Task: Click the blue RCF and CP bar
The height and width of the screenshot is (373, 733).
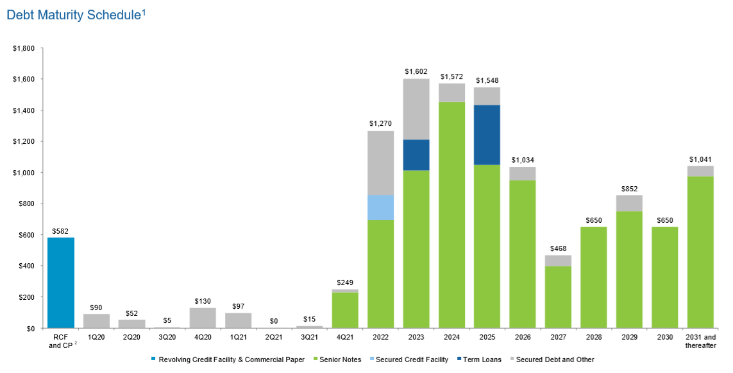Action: pyautogui.click(x=61, y=282)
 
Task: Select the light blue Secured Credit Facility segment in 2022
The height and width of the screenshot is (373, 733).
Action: pyautogui.click(x=380, y=207)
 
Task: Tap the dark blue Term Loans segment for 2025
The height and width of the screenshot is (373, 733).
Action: pyautogui.click(x=487, y=135)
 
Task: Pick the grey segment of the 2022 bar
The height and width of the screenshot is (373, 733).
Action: pyautogui.click(x=380, y=163)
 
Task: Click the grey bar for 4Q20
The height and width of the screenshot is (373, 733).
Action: pyautogui.click(x=203, y=318)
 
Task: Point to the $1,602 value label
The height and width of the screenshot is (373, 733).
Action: pyautogui.click(x=416, y=71)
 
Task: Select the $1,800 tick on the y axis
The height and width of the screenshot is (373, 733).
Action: pyautogui.click(x=25, y=48)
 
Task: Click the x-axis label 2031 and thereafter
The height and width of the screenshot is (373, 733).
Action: pyautogui.click(x=700, y=341)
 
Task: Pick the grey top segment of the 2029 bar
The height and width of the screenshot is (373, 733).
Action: pyautogui.click(x=629, y=203)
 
